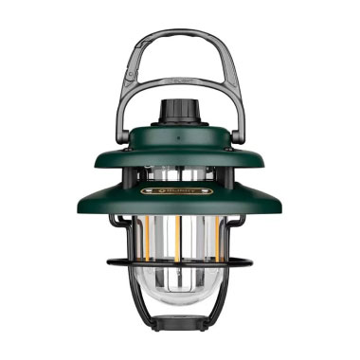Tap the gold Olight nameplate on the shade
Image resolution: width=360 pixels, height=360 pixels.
coord(180,190)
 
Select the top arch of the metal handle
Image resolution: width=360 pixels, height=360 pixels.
coord(180,36)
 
